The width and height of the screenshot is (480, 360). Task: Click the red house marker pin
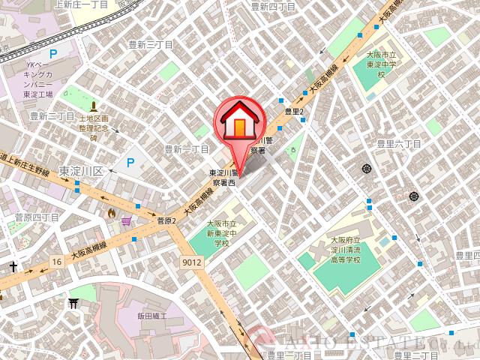[x=238, y=123]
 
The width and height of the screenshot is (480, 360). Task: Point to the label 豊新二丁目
[x=52, y=116]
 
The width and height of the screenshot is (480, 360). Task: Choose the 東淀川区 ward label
[x=84, y=169]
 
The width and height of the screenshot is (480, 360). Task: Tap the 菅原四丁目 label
[x=37, y=217]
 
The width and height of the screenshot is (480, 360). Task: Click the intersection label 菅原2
[x=166, y=220]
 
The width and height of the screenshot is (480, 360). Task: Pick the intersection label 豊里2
[x=293, y=111]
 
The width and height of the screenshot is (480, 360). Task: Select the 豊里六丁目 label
[x=400, y=143]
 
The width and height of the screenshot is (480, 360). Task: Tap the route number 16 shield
[x=57, y=261]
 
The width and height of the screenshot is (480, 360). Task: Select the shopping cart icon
[x=126, y=221]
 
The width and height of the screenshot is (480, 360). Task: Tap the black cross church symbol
[x=13, y=266]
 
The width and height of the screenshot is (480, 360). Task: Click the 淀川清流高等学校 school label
[x=346, y=250]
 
